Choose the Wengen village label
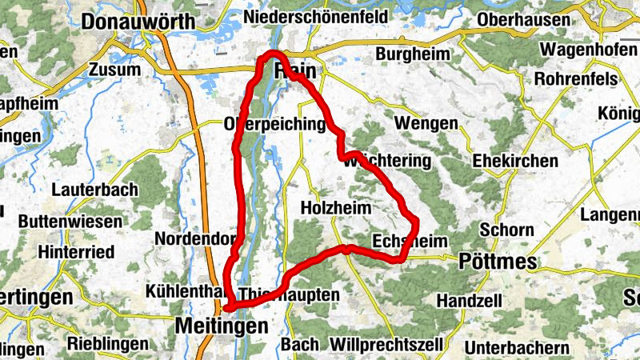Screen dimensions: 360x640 [x=426, y=124]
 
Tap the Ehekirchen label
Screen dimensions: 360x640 [x=515, y=161]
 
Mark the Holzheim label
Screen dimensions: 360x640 [x=336, y=208]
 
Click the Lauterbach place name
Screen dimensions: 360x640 [x=94, y=190]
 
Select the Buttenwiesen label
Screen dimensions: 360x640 [x=70, y=222]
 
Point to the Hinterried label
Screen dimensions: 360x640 [x=76, y=252]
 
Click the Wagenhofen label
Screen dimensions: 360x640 [x=589, y=49]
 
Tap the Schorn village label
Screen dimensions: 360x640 [x=507, y=230]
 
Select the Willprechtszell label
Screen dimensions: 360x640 [x=386, y=345]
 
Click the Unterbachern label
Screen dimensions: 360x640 [x=517, y=348]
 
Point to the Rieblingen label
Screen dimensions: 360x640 [x=105, y=345]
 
